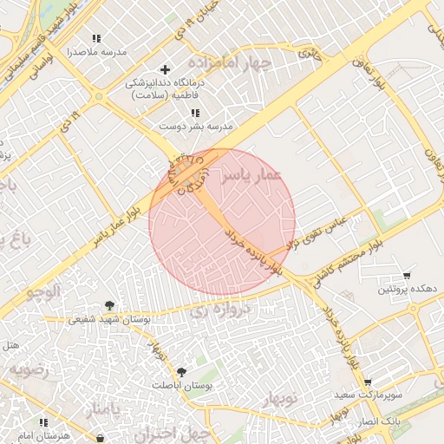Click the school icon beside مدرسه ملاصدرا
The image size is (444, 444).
coord(96,38)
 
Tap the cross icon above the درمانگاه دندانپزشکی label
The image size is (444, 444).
coord(166,69)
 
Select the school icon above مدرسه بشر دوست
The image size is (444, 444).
coord(195,113)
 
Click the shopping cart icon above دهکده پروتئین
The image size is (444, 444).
coord(408,275)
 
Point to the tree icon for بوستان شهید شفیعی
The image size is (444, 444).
coord(109,305)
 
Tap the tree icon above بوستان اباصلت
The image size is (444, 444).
coord(180,371)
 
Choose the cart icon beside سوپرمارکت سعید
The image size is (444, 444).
coord(368,382)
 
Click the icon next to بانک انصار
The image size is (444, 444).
coord(355,422)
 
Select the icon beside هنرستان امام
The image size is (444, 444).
coord(102,438)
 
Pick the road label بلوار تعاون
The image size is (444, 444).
coord(370,70)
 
